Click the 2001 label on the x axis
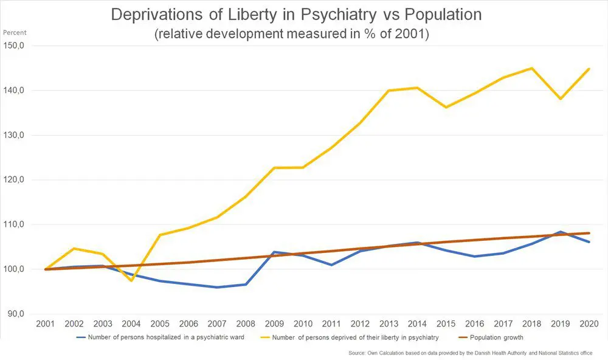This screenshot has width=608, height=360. pos(46,324)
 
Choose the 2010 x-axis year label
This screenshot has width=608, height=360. pos(303,324)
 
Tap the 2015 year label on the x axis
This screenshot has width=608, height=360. pos(446,324)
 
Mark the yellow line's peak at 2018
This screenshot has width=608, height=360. pos(531,68)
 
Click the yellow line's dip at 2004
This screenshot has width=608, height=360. pos(131,280)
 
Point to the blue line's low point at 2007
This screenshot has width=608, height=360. pos(217,287)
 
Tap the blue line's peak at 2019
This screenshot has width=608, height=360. pos(560,232)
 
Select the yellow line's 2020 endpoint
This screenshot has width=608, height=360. pos(589,69)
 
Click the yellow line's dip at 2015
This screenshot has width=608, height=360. pos(446,108)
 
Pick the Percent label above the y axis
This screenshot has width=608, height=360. pos(15,32)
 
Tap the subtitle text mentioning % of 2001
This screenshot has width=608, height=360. pos(292,35)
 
